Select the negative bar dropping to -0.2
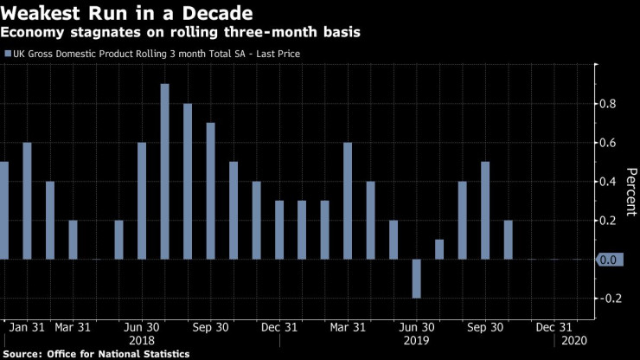(x=417, y=278)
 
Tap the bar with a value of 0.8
(x=188, y=181)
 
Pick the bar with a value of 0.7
(x=210, y=190)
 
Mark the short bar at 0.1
(x=439, y=249)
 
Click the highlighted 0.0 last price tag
(x=608, y=260)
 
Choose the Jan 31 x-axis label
(x=27, y=328)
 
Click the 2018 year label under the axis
(x=141, y=341)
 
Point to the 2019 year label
(x=415, y=341)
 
